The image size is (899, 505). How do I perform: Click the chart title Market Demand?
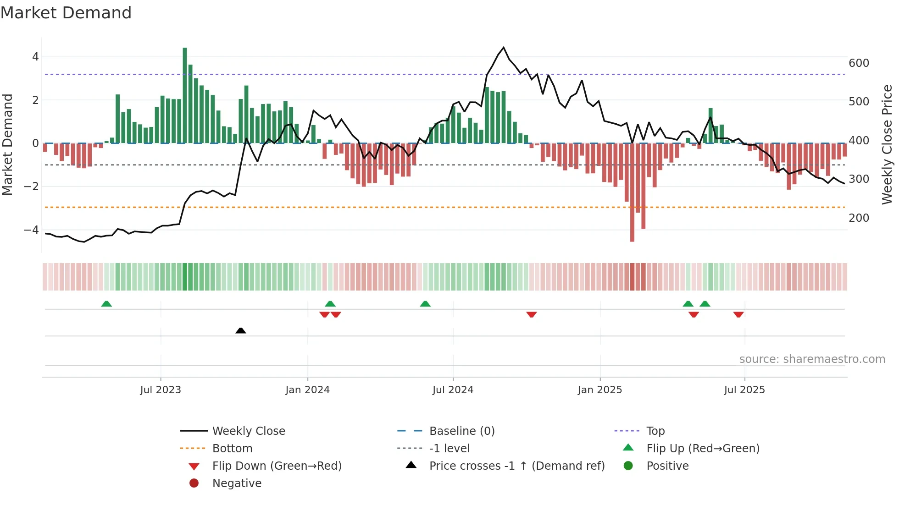click(x=66, y=13)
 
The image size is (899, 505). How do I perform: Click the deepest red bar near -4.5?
click(x=632, y=192)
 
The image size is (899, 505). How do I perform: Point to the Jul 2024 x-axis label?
click(x=453, y=390)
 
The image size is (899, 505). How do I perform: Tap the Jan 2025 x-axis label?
click(x=599, y=390)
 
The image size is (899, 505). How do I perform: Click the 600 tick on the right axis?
click(x=859, y=63)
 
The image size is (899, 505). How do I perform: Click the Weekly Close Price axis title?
click(x=887, y=144)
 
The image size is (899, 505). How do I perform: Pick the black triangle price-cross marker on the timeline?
click(x=240, y=330)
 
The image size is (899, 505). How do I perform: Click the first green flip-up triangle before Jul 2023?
click(x=106, y=304)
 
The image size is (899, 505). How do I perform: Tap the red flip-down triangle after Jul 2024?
click(x=532, y=314)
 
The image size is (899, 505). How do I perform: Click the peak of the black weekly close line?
click(x=504, y=48)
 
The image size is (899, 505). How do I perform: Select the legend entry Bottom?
click(x=232, y=448)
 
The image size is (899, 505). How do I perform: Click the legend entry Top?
click(x=655, y=431)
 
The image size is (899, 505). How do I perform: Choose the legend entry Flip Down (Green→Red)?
click(x=277, y=466)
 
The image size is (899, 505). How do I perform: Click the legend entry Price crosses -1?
click(x=516, y=466)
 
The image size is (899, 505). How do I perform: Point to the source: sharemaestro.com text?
click(x=812, y=359)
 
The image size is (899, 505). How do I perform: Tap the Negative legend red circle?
click(x=194, y=483)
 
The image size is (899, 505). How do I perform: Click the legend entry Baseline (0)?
click(x=461, y=431)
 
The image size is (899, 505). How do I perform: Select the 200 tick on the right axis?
click(x=859, y=218)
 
